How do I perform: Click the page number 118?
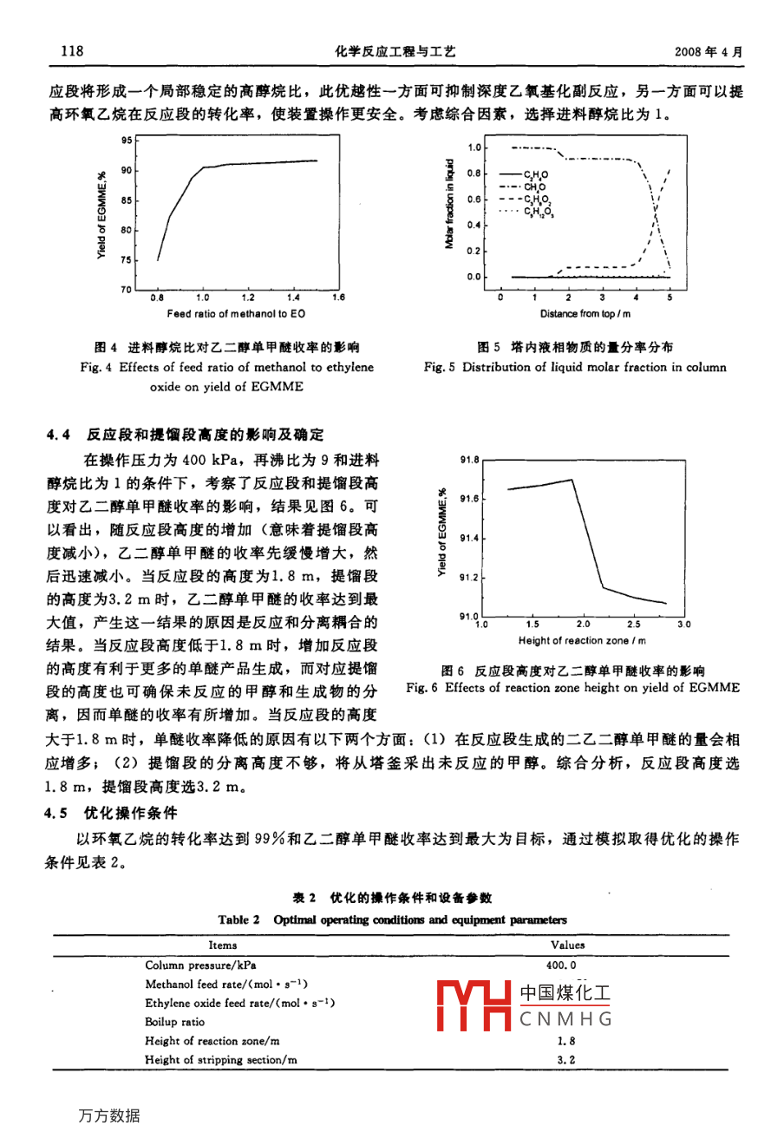tap(72, 51)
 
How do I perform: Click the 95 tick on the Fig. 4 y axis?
tap(127, 140)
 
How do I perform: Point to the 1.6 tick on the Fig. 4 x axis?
tap(338, 297)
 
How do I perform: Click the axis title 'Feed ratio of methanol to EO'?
tap(236, 314)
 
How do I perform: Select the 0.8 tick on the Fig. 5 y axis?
tap(474, 173)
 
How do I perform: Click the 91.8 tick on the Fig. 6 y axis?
tap(470, 461)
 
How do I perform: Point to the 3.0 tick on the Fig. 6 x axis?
tap(683, 624)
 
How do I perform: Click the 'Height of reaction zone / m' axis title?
tap(582, 641)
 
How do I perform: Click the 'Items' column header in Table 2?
tap(223, 945)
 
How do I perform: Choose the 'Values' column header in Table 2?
tap(568, 945)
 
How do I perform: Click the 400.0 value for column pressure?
tap(562, 965)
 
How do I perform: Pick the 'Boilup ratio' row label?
tap(175, 1022)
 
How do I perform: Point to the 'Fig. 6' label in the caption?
tap(422, 688)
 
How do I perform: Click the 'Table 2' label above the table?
tap(239, 919)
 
